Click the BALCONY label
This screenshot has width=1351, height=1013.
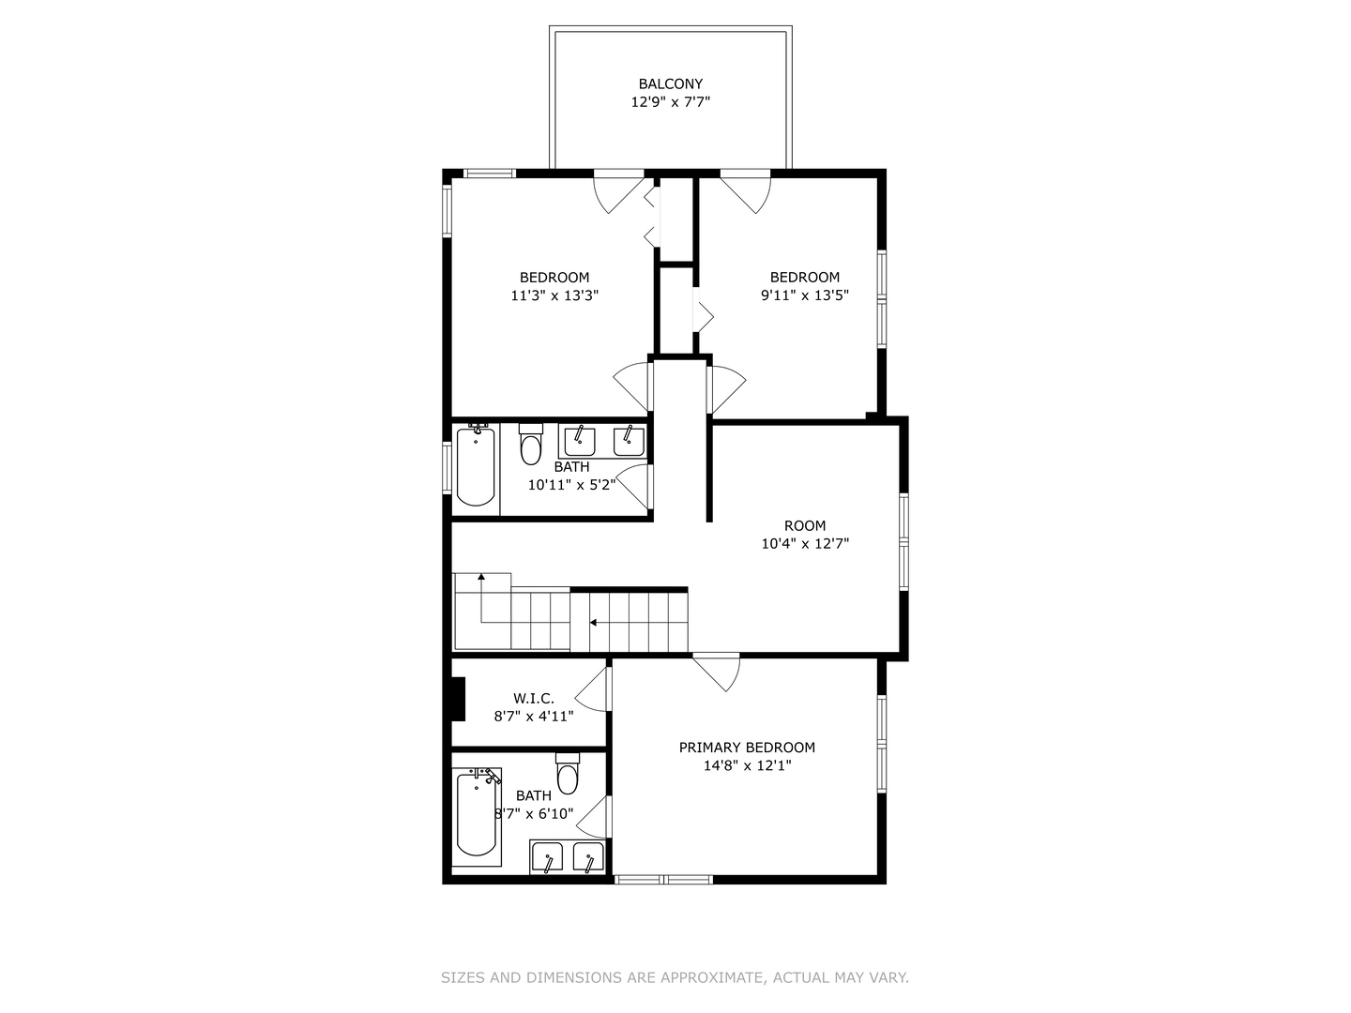[670, 83]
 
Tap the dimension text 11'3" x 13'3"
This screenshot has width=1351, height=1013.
[554, 295]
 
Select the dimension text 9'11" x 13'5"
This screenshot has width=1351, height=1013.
[805, 295]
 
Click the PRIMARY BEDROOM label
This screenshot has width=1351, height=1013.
[747, 748]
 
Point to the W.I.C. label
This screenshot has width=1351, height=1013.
[533, 698]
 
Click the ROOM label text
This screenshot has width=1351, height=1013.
[805, 525]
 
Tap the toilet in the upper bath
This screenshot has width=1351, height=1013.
[531, 445]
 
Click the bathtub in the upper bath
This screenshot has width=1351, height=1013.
[476, 466]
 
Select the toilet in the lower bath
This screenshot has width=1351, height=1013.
[568, 774]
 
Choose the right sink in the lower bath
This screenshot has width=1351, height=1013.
[588, 857]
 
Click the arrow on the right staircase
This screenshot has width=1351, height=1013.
[594, 621]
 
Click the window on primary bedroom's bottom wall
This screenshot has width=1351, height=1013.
[663, 879]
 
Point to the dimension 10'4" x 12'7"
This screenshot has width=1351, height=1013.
[805, 543]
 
